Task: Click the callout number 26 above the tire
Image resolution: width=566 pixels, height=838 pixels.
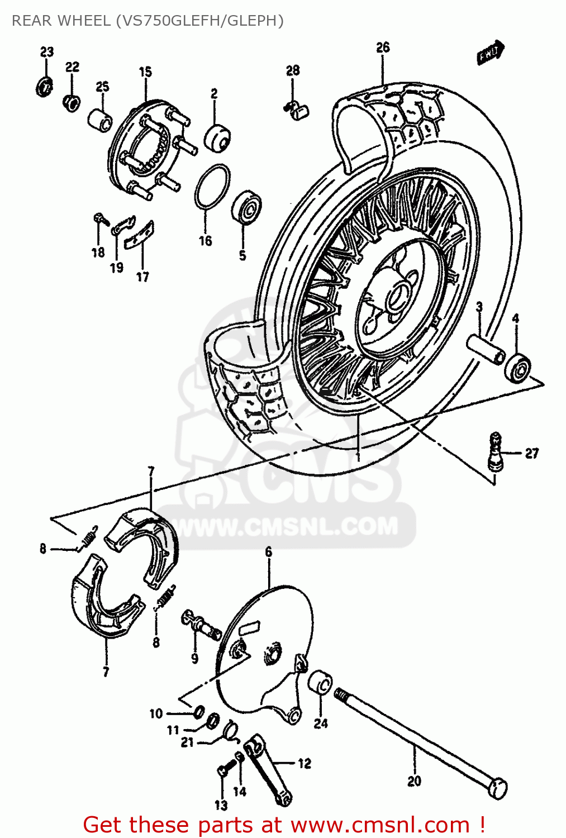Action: [382, 47]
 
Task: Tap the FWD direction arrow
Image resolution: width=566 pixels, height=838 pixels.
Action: [491, 53]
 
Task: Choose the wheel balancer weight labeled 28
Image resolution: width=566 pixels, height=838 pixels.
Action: [297, 110]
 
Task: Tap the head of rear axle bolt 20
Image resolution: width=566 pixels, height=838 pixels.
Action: [497, 788]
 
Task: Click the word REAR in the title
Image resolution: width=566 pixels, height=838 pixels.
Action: [32, 21]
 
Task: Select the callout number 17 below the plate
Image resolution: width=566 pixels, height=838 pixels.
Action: [142, 277]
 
